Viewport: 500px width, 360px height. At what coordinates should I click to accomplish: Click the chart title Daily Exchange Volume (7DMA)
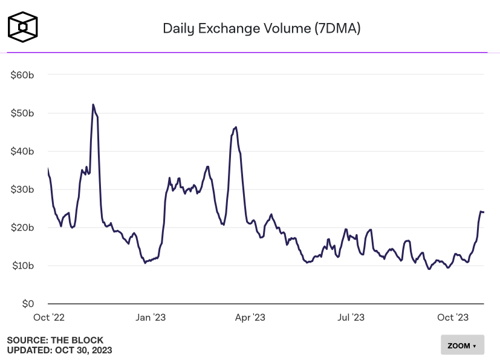[x=262, y=28]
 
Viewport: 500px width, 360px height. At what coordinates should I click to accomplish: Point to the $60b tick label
[x=22, y=75]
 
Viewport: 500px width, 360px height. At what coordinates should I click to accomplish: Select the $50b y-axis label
[x=22, y=113]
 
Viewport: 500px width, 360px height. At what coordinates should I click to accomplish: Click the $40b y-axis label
[x=22, y=151]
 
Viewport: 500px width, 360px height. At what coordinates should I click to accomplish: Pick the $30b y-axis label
[x=22, y=189]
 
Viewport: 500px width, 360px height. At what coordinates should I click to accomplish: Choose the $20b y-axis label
[x=22, y=227]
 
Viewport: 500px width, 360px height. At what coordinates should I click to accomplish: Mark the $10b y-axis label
[x=22, y=266]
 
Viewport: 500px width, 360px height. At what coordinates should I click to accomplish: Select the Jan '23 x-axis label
[x=150, y=317]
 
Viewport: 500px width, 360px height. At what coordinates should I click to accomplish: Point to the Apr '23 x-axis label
[x=250, y=317]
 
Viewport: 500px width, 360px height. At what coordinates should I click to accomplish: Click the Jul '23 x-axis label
[x=351, y=317]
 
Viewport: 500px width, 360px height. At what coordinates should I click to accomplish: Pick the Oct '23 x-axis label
[x=453, y=317]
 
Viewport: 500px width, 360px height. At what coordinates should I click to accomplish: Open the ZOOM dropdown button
[x=462, y=345]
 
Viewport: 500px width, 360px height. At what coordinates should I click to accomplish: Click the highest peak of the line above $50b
[x=93, y=105]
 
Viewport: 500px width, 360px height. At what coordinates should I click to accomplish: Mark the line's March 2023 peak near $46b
[x=236, y=127]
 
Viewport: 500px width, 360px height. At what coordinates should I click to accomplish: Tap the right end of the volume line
[x=484, y=212]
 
